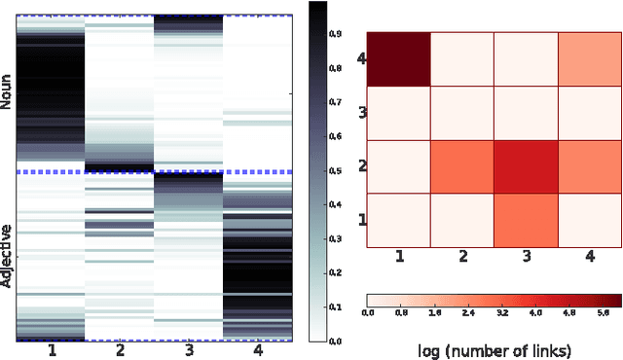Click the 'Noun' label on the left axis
pyautogui.click(x=8, y=93)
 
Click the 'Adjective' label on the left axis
pyautogui.click(x=8, y=255)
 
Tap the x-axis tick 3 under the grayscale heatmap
pyautogui.click(x=189, y=351)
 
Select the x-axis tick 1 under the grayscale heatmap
pyautogui.click(x=50, y=351)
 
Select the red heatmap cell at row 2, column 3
pyautogui.click(x=526, y=165)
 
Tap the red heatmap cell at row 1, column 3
pyautogui.click(x=526, y=220)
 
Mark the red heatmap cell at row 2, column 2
pyautogui.click(x=461, y=165)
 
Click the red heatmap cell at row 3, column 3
pyautogui.click(x=526, y=112)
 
